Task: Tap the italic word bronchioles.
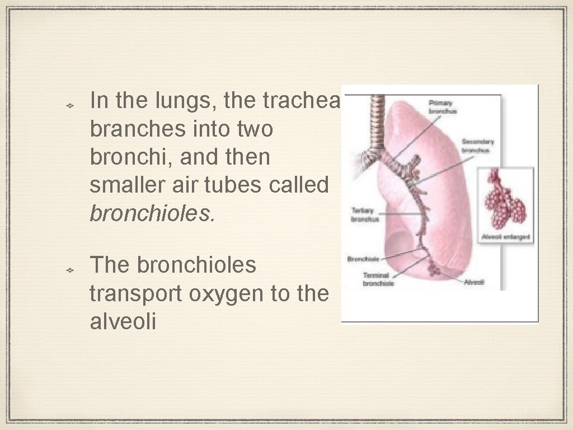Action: tap(152, 213)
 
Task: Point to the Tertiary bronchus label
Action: tap(365, 214)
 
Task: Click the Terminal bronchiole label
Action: tap(379, 279)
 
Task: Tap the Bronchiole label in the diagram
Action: tap(364, 259)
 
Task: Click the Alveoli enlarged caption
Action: tap(505, 237)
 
